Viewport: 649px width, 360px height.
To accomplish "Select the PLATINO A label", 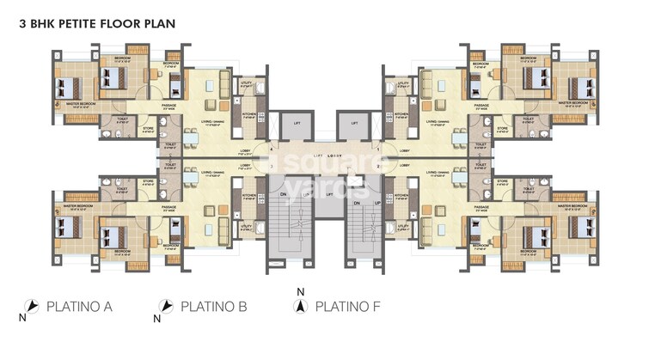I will tap(79, 306).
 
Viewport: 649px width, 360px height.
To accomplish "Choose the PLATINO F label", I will tap(349, 306).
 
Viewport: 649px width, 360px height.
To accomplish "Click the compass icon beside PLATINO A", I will tap(31, 306).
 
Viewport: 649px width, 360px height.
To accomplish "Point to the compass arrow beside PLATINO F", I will tap(300, 307).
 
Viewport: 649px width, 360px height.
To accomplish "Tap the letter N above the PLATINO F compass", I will tap(300, 292).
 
